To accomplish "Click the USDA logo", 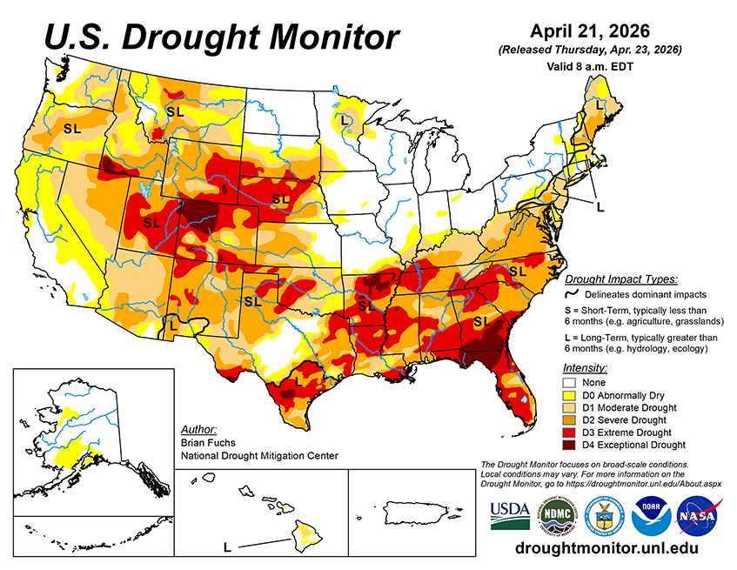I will point(510,515).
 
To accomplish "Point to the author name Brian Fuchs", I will point(201,443).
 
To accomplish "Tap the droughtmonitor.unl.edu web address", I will point(606,549).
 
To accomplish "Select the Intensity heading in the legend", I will point(585,367).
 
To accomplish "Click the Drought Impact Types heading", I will point(620,279).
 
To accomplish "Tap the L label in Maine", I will point(599,104).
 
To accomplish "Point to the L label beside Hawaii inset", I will point(227,547).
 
